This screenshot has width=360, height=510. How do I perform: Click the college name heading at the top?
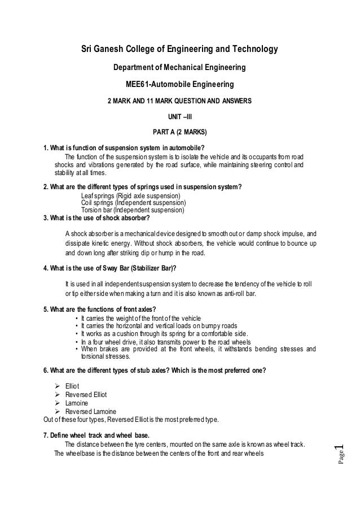179,50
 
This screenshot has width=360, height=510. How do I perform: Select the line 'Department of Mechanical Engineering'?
179,68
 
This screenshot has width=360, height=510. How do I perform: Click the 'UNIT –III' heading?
179,117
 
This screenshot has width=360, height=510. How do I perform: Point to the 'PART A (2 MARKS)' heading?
179,134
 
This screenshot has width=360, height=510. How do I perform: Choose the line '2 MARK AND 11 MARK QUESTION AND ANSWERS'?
179,101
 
